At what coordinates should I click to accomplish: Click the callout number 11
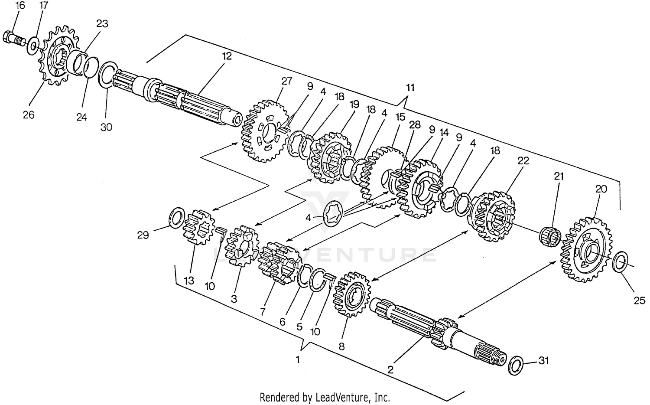pyautogui.click(x=410, y=88)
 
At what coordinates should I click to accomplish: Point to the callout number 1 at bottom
pyautogui.click(x=298, y=359)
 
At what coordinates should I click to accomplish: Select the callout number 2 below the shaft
pyautogui.click(x=390, y=370)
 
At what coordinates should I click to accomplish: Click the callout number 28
pyautogui.click(x=415, y=125)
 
